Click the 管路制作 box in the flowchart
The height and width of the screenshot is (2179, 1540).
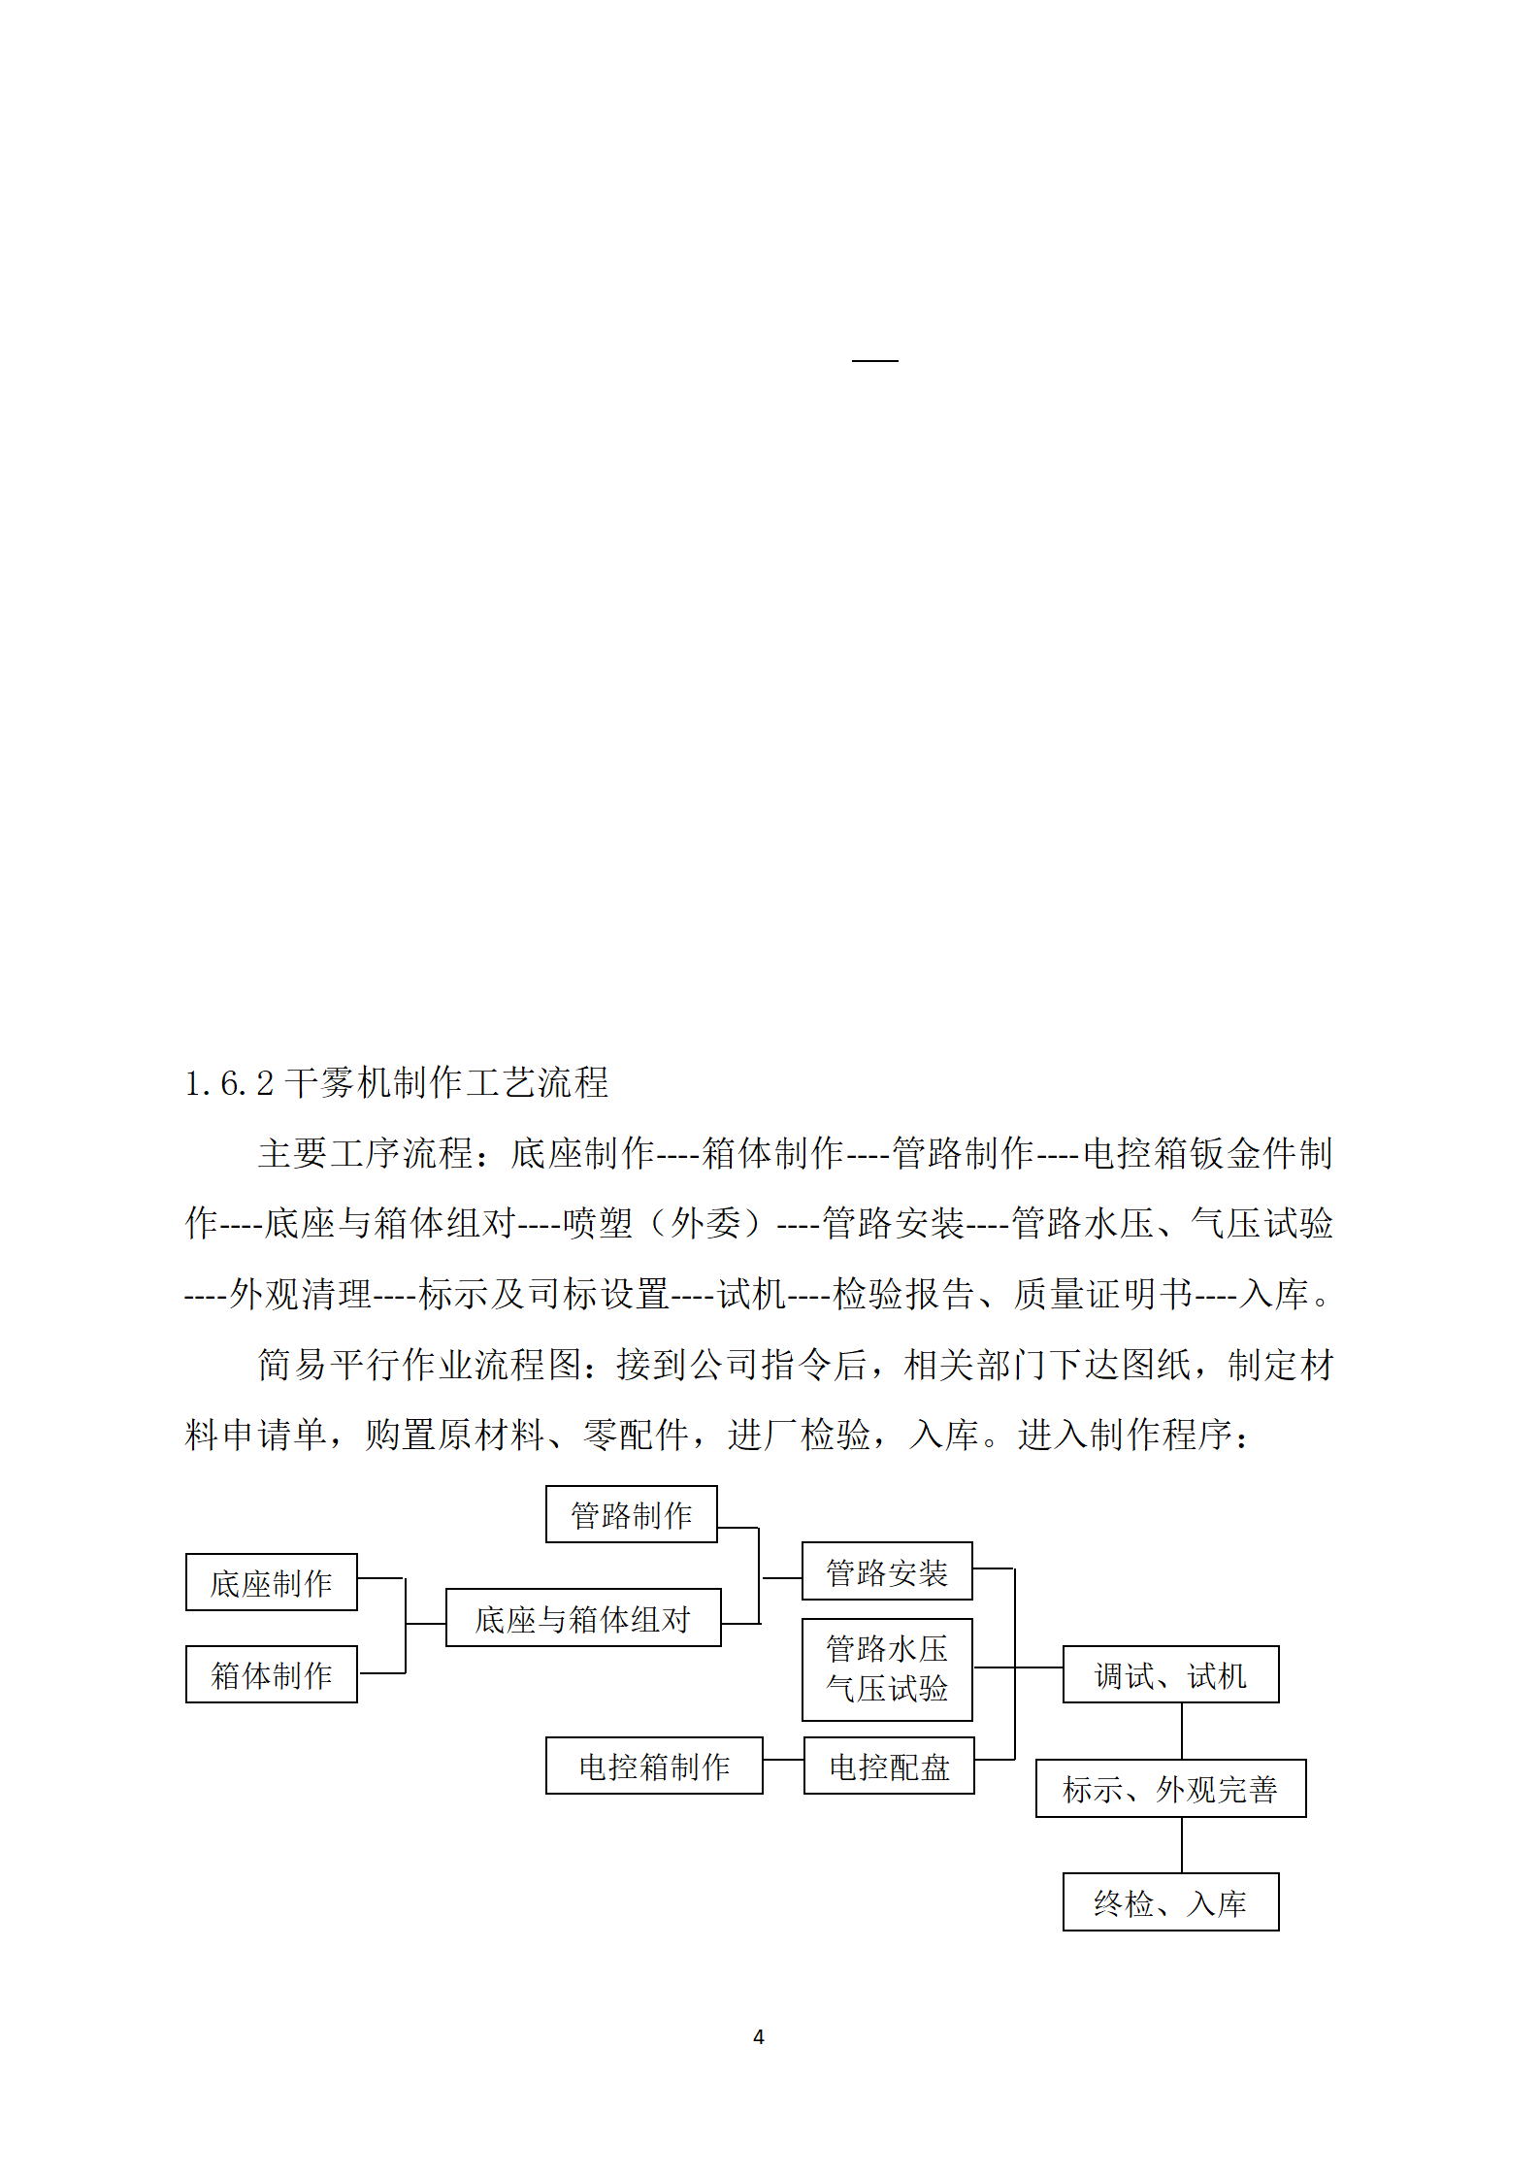pos(631,1514)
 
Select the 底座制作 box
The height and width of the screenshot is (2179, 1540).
pos(271,1583)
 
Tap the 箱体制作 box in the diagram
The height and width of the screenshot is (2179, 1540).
pos(271,1674)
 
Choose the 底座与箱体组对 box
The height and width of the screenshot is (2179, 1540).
pos(582,1618)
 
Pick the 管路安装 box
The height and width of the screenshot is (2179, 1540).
pos(886,1571)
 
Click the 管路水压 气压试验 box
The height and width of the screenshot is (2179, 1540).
pos(886,1669)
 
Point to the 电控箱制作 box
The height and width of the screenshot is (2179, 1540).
pos(653,1766)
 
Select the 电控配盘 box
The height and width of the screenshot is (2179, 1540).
pos(888,1766)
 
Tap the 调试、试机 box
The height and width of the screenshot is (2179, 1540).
pos(1169,1674)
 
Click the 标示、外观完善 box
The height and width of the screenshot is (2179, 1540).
pos(1169,1788)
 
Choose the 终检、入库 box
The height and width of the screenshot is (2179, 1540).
pos(1169,1902)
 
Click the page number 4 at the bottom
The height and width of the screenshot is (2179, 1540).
pos(758,2037)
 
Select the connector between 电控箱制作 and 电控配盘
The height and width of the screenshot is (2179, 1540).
pos(783,1760)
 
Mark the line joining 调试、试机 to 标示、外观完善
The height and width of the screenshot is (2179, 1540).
pos(1181,1731)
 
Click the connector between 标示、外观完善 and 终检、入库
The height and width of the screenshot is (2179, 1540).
pos(1181,1845)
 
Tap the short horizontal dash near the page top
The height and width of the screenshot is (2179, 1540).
pos(874,360)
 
